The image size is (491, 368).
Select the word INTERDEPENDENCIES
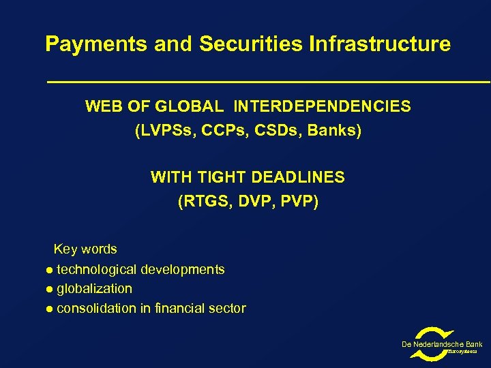pyautogui.click(x=322, y=107)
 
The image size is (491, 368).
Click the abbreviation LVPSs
pyautogui.click(x=164, y=130)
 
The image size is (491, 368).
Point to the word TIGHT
pyautogui.click(x=222, y=178)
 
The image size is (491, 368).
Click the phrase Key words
pyautogui.click(x=85, y=249)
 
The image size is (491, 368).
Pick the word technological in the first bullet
pyautogui.click(x=96, y=270)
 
